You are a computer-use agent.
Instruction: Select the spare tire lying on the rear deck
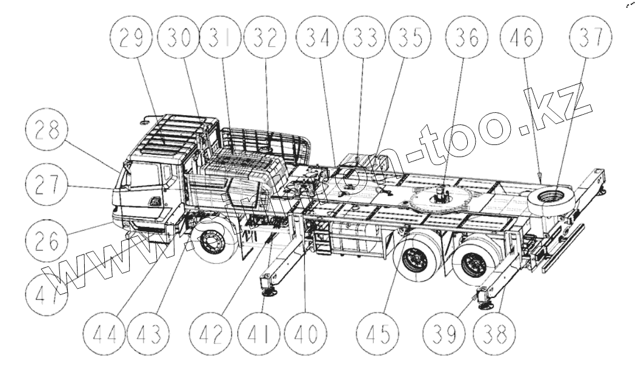[550, 198]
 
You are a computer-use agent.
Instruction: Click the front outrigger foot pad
[267, 292]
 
